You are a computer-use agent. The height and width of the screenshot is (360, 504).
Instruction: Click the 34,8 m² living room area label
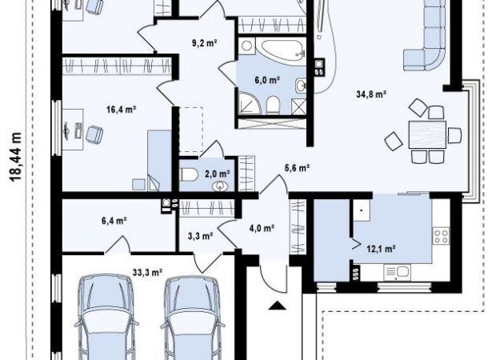tap(371, 94)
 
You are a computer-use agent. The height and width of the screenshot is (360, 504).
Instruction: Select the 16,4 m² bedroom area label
tap(121, 110)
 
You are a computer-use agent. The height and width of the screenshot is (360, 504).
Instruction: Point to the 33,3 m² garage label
tap(147, 273)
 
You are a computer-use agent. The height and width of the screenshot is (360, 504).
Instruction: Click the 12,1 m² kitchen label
tap(381, 249)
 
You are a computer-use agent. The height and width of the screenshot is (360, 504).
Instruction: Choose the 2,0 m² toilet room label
tap(218, 174)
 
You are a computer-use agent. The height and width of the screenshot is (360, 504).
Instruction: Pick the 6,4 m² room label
tap(114, 221)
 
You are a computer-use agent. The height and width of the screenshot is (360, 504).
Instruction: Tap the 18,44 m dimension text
tap(15, 157)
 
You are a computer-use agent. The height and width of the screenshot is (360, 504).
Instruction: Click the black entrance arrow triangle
tap(277, 305)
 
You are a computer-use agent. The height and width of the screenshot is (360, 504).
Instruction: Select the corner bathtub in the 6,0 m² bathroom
tap(281, 51)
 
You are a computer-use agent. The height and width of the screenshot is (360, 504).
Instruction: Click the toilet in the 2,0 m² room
tap(189, 175)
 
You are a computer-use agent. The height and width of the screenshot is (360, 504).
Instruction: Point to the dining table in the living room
tap(427, 134)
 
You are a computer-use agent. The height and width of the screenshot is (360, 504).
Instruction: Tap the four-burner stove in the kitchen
tap(441, 236)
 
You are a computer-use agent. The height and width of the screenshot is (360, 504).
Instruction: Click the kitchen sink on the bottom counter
tap(398, 273)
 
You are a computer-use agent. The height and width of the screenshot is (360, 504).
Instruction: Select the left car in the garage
tap(107, 317)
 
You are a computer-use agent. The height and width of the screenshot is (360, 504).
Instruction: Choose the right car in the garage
tap(193, 317)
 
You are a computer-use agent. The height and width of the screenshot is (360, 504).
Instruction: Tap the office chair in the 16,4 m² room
tap(94, 134)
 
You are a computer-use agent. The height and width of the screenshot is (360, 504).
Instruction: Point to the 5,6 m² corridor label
tap(297, 167)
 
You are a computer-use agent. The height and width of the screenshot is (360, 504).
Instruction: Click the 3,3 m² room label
tap(200, 236)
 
